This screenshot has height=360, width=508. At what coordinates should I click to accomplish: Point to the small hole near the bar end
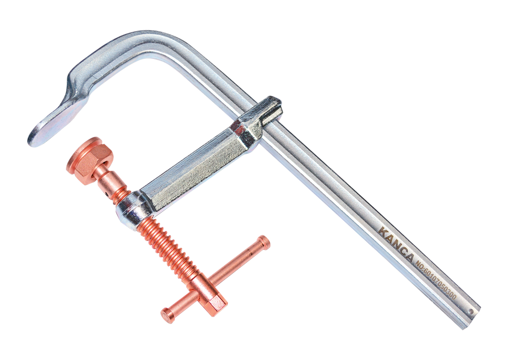472,312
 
